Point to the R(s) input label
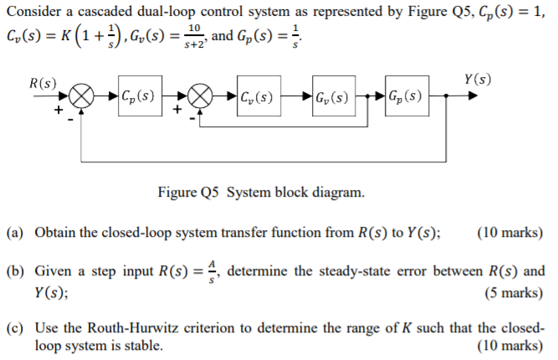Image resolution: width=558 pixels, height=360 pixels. [x=43, y=83]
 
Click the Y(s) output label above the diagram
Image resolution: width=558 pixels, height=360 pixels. [x=477, y=80]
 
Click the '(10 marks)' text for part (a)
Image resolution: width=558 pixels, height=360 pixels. [x=509, y=232]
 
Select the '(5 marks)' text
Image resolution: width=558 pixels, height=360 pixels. [x=514, y=293]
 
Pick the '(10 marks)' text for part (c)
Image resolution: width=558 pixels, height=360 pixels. [x=509, y=345]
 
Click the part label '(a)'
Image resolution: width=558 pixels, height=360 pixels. [x=16, y=232]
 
